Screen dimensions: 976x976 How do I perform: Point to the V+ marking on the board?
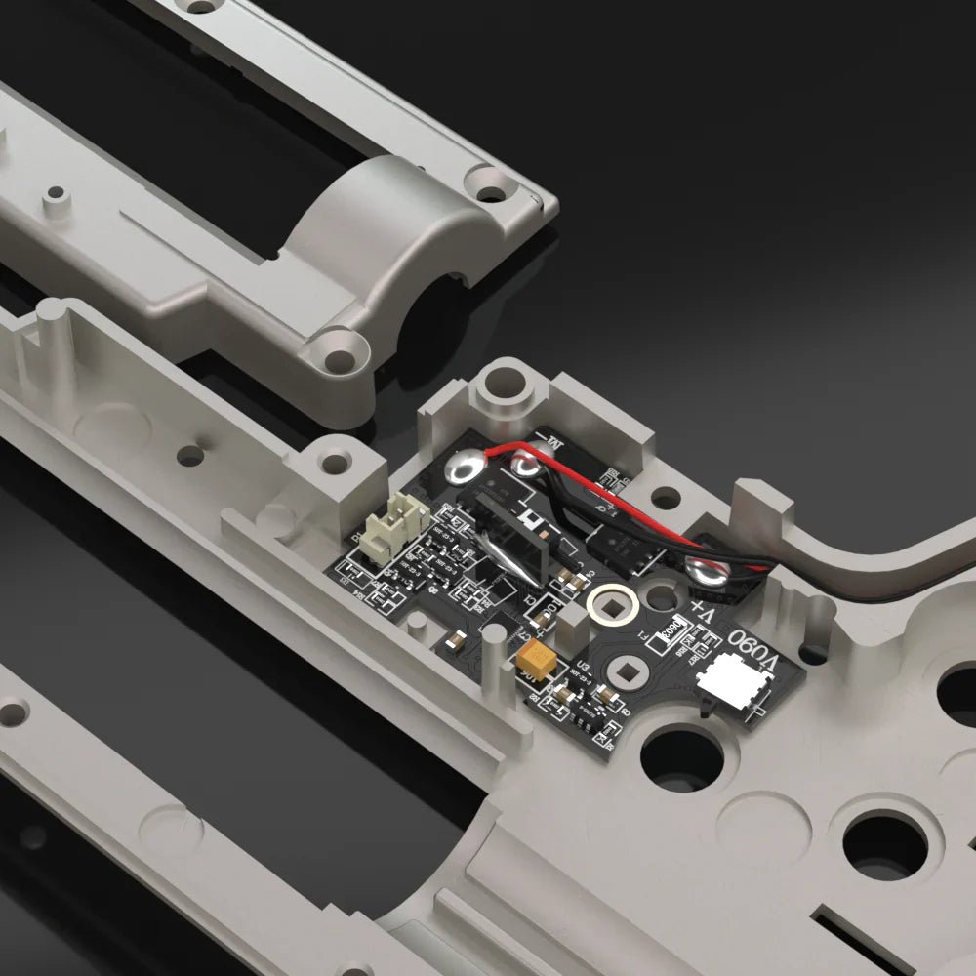coord(704,613)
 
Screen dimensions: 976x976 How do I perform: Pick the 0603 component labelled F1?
coord(672,632)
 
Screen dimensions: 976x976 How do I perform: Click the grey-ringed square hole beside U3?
coord(621,671)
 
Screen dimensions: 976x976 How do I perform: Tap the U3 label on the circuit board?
coord(584,667)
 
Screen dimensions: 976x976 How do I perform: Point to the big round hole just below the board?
coord(680,756)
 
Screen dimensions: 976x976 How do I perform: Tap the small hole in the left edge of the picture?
coord(14,712)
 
